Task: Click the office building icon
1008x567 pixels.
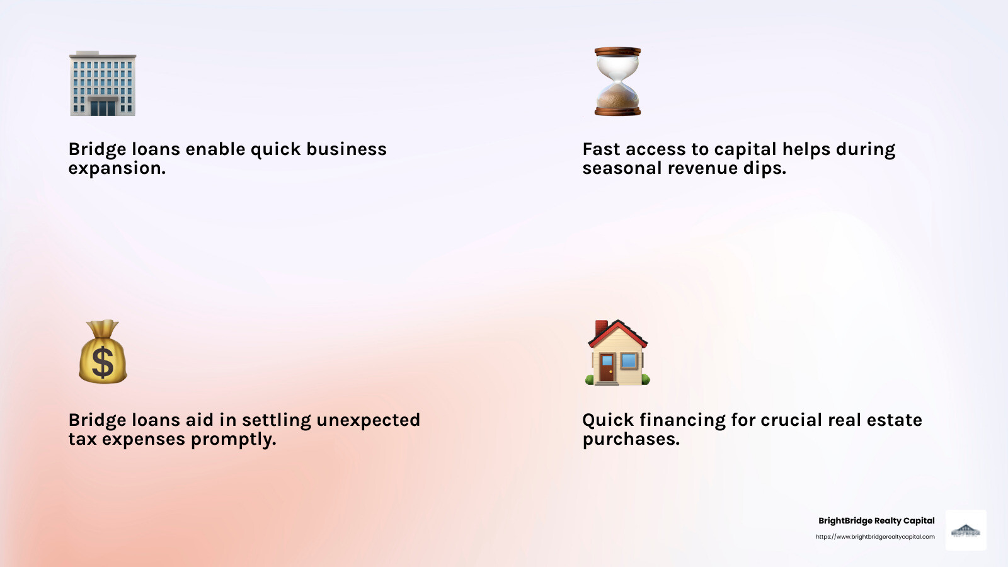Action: tap(102, 84)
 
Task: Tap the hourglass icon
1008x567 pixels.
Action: tap(617, 81)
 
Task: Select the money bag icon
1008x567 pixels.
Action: tap(103, 352)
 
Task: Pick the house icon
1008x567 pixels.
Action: tap(617, 353)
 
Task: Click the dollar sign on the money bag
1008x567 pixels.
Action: tap(103, 362)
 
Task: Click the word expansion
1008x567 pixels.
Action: tap(117, 168)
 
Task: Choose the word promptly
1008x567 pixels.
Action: tap(233, 439)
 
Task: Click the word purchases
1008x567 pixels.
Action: tap(631, 439)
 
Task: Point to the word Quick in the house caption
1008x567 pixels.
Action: tap(608, 420)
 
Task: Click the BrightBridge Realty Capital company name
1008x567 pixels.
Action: tap(876, 520)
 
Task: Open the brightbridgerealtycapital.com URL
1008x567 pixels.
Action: tap(875, 537)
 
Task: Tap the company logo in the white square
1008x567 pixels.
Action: tap(966, 530)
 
